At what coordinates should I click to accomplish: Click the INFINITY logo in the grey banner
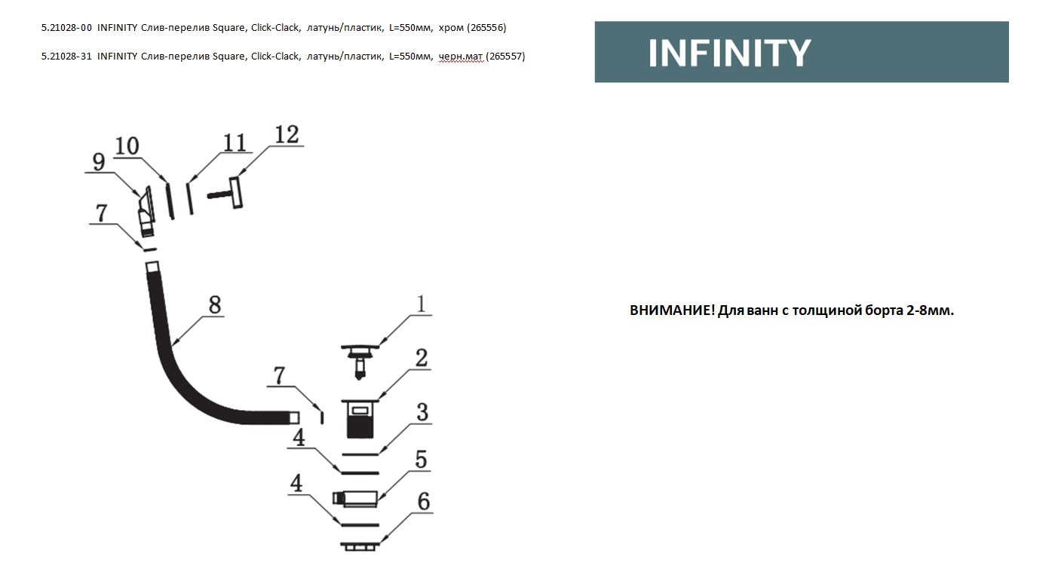728,53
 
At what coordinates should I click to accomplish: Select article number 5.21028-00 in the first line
66,28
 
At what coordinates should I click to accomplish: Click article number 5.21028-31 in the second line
66,56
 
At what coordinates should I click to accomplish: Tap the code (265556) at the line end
486,28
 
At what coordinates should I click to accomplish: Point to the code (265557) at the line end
505,56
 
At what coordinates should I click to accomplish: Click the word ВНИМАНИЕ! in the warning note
671,310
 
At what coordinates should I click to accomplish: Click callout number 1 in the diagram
421,304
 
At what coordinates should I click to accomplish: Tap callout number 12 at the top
287,135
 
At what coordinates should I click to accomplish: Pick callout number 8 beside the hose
215,304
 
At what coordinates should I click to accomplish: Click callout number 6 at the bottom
424,501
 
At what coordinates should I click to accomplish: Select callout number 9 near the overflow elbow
98,161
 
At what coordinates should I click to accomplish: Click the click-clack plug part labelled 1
361,357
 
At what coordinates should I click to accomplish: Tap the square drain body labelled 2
360,419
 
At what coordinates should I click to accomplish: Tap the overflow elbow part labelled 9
146,211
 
